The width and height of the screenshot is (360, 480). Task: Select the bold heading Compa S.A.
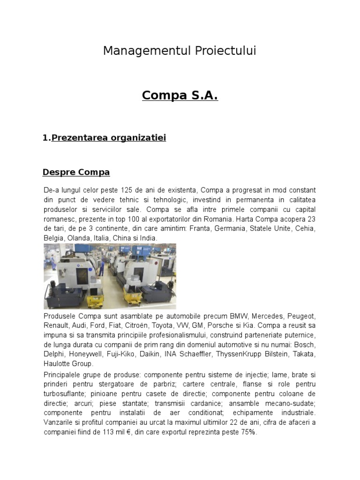(180, 96)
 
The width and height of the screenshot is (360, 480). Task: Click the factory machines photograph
(110, 276)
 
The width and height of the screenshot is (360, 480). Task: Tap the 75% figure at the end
(248, 432)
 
